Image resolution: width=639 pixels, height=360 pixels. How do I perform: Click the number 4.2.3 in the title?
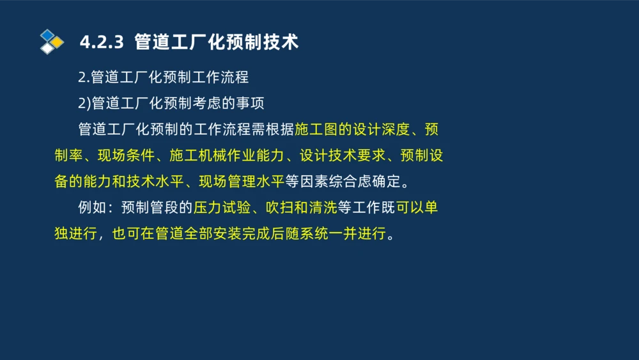(x=100, y=43)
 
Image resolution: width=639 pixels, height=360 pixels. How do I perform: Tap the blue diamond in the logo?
(x=47, y=35)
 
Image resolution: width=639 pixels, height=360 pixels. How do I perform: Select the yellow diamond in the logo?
(x=58, y=42)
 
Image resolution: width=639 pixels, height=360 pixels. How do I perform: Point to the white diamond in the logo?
(x=47, y=49)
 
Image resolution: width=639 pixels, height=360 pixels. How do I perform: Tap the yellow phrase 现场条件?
(x=126, y=156)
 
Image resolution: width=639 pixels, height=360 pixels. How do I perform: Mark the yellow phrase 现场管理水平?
(x=241, y=182)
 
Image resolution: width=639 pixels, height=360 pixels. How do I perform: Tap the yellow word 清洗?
(x=321, y=208)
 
